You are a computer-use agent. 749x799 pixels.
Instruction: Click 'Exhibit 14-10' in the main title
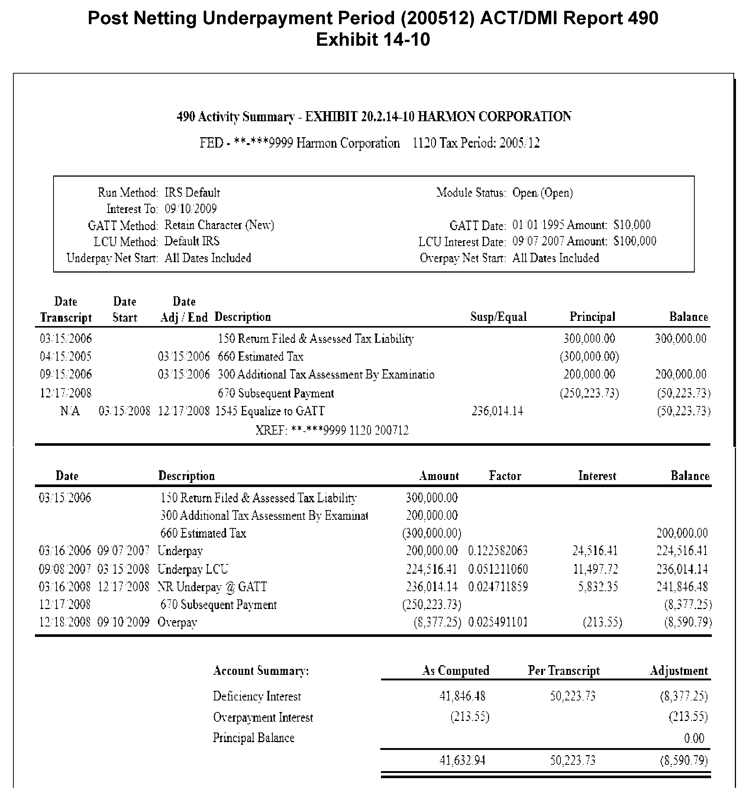tap(372, 40)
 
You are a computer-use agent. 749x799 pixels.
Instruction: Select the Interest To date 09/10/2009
tap(190, 209)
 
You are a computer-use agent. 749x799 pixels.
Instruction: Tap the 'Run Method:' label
tap(128, 193)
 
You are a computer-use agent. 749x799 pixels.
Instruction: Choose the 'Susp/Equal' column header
tap(498, 317)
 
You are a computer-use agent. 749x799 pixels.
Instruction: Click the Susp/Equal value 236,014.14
tap(497, 411)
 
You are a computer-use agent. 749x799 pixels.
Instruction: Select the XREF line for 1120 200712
tap(332, 431)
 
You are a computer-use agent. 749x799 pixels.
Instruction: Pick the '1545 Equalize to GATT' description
tap(269, 411)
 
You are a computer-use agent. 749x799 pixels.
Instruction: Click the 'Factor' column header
tap(505, 476)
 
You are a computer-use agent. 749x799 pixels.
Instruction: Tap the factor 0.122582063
tap(498, 551)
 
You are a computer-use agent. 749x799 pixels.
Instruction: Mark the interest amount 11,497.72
tap(595, 569)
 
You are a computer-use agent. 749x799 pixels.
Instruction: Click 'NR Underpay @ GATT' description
tap(212, 587)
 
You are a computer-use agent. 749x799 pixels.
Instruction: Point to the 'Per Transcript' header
tap(564, 671)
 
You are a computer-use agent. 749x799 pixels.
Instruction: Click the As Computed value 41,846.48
tap(462, 696)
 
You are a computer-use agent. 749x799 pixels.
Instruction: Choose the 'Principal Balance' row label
tap(254, 738)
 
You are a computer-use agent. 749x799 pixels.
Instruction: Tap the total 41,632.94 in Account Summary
tap(462, 760)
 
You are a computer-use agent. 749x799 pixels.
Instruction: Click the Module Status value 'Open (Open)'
tap(542, 193)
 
